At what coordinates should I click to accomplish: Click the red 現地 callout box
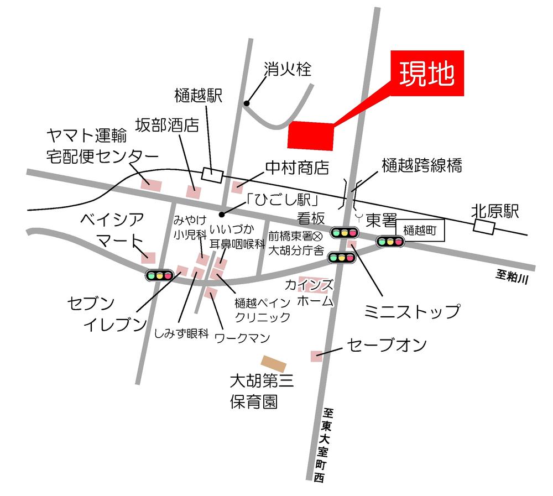[x=427, y=75]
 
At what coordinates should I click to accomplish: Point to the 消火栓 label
[x=288, y=70]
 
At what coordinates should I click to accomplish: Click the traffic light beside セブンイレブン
[x=159, y=275]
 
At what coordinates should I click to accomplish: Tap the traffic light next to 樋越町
[x=390, y=241]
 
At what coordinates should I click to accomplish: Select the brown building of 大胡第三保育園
[x=274, y=364]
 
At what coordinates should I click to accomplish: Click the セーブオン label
[x=387, y=345]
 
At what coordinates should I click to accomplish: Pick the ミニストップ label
[x=411, y=311]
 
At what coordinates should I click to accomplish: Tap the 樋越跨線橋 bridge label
[x=421, y=165]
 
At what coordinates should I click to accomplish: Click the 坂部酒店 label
[x=167, y=125]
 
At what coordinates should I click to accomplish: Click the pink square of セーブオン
[x=316, y=357]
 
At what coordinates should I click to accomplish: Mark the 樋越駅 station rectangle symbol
[x=212, y=174]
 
